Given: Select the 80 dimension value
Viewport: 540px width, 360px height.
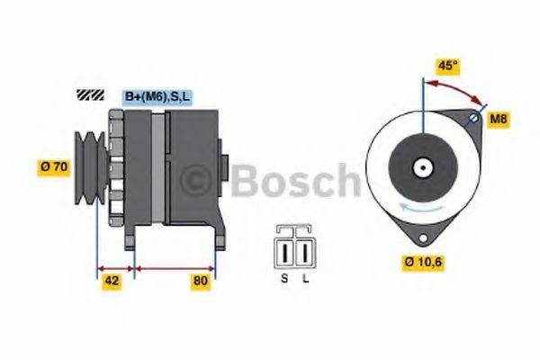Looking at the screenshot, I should [200, 282].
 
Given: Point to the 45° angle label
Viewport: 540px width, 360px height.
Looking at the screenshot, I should [446, 65].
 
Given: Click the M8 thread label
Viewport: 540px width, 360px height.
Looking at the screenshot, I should [498, 119].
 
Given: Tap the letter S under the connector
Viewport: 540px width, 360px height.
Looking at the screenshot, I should [283, 279].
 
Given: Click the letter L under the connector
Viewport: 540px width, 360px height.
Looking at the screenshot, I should [306, 279].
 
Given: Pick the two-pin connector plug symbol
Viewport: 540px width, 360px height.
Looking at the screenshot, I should [295, 248].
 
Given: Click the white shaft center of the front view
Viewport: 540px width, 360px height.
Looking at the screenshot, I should [421, 167].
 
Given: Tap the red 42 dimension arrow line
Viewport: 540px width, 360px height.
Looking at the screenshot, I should [115, 267].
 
